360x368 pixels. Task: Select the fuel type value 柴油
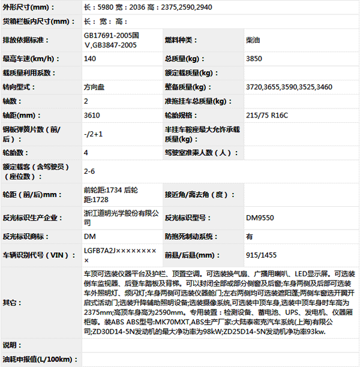click(254, 40)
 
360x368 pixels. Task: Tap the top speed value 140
click(90, 59)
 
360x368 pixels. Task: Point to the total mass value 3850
click(254, 59)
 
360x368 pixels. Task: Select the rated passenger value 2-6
click(89, 171)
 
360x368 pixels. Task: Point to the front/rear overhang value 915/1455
click(262, 255)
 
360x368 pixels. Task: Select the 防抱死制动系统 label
click(191, 237)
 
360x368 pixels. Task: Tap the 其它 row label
click(10, 301)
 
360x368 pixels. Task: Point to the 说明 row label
click(10, 346)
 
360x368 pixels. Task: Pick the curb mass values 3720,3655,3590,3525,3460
click(289, 87)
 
